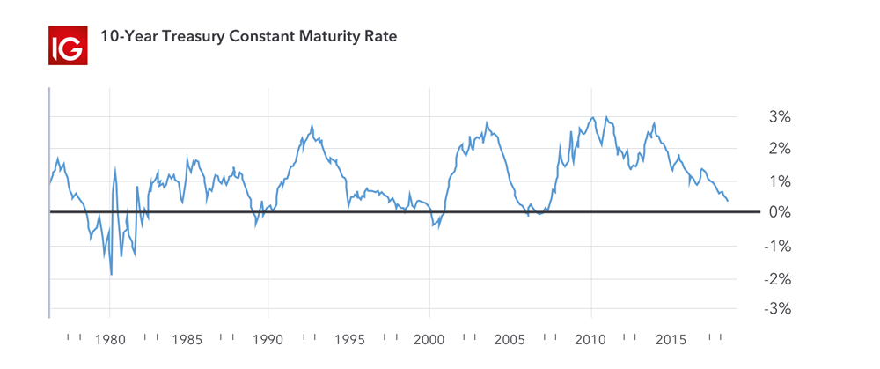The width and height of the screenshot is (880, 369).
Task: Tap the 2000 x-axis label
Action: (x=429, y=339)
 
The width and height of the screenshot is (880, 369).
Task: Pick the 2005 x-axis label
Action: (x=510, y=339)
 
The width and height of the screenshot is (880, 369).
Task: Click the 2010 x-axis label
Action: (x=591, y=339)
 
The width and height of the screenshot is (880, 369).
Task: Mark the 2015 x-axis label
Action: (x=672, y=339)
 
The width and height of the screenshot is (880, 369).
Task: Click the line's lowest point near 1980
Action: (x=111, y=275)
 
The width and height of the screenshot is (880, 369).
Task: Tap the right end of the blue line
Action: (x=728, y=201)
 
